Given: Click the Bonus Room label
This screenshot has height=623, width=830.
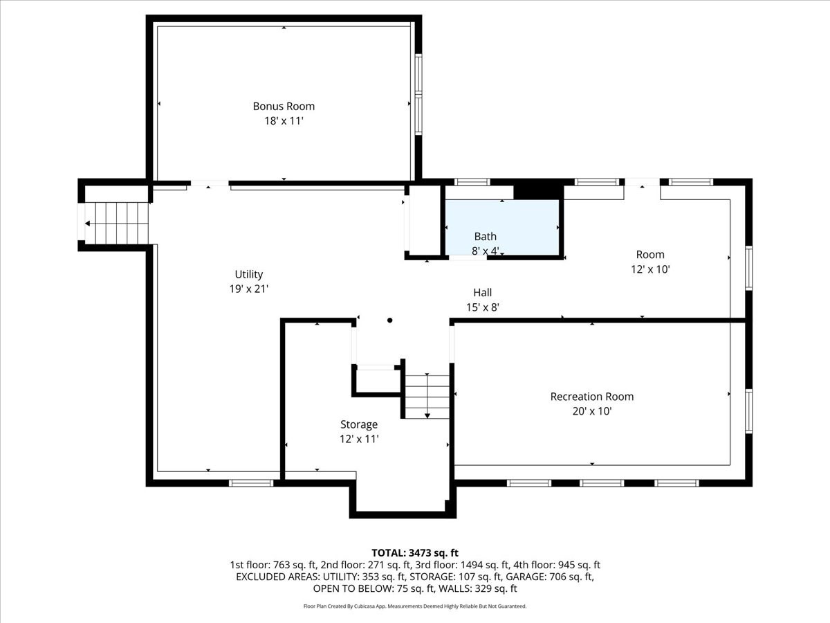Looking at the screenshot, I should [284, 106].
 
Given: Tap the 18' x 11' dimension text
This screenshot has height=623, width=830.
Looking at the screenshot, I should [284, 120].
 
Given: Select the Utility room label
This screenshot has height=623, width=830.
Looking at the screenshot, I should [248, 274].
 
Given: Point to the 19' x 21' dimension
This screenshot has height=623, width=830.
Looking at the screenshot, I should [248, 289].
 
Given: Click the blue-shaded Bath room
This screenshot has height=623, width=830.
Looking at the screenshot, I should [501, 228].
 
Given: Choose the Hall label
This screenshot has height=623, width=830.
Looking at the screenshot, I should [482, 293].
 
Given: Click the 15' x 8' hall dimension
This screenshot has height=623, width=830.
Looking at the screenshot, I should [482, 307].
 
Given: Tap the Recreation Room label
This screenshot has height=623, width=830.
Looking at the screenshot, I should [591, 397].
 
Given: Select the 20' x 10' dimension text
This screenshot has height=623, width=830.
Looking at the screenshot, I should [591, 410].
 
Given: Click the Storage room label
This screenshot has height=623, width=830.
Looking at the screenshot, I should [359, 424].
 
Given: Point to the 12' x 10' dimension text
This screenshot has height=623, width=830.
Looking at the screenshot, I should [650, 269].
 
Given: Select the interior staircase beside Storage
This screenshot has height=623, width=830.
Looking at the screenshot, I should [427, 397].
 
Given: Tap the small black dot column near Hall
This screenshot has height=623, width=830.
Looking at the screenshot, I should [390, 320].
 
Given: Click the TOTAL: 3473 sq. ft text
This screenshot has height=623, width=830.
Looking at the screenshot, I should [415, 552].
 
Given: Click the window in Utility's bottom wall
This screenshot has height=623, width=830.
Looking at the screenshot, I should [251, 482].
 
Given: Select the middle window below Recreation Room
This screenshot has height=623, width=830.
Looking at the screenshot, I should [601, 482].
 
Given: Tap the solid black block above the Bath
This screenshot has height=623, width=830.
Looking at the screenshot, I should [539, 190].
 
